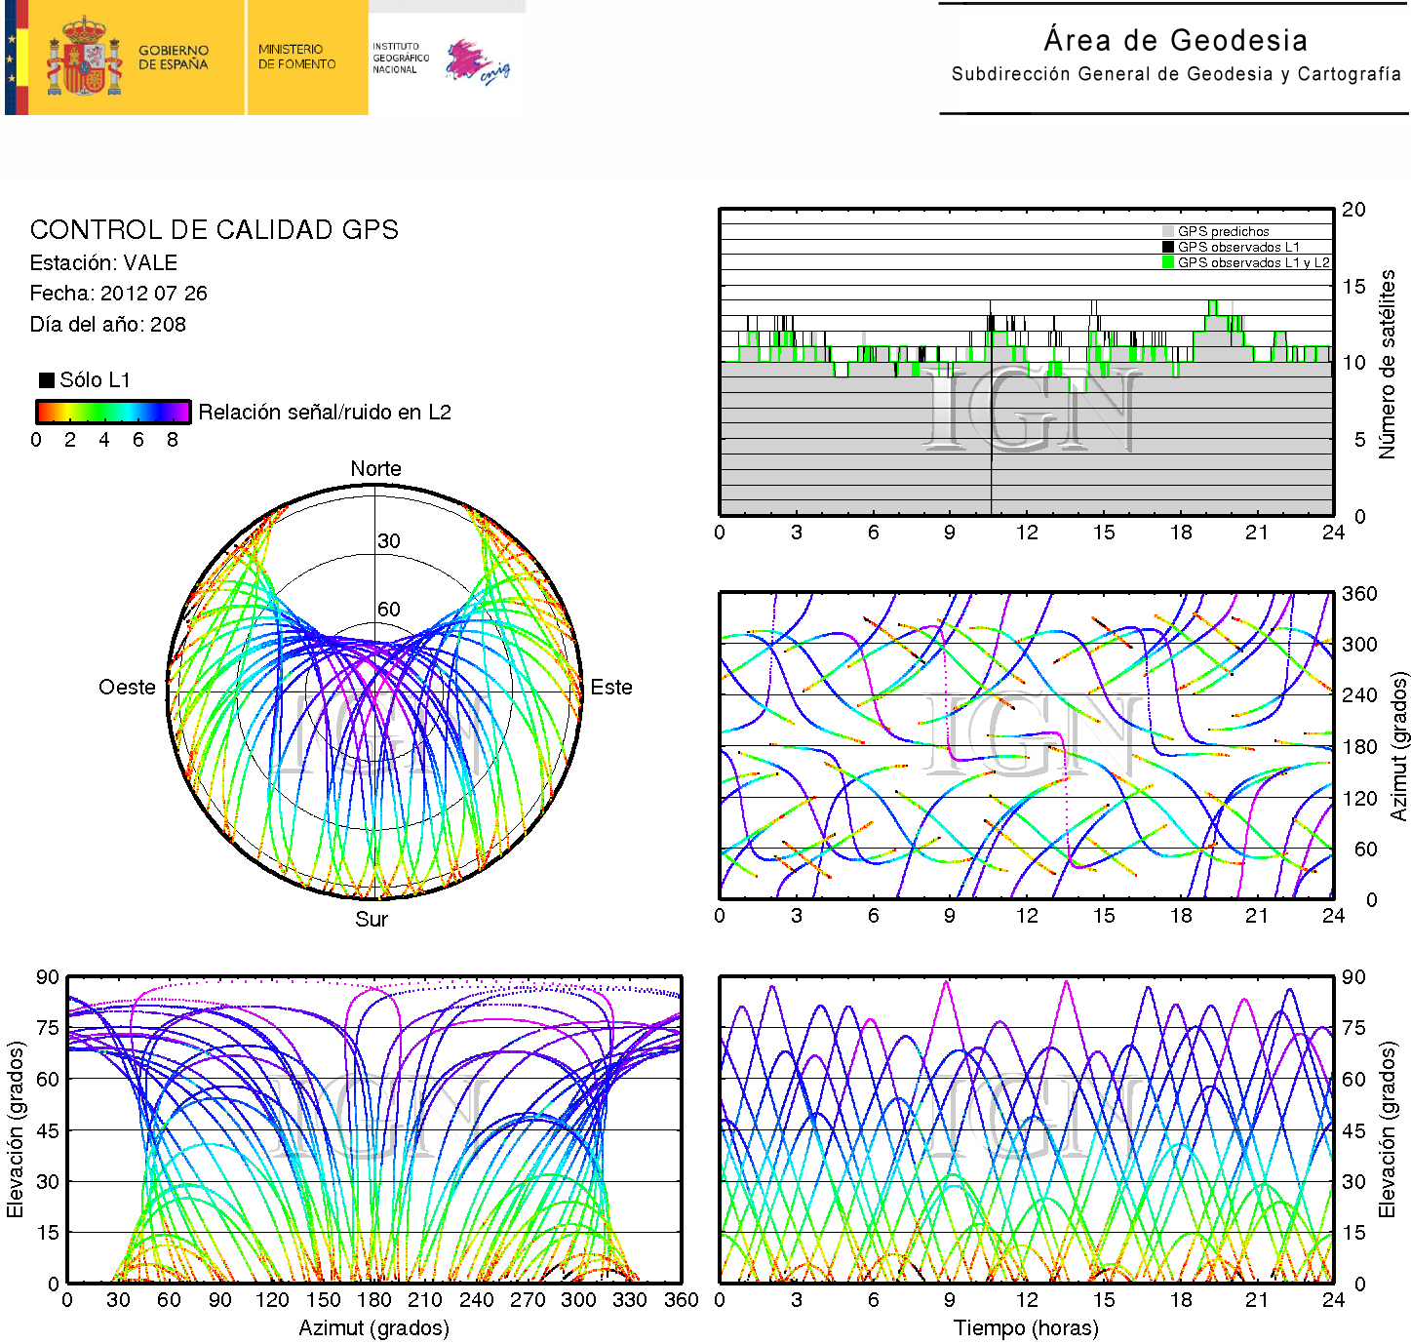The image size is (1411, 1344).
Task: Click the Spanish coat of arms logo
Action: (x=84, y=58)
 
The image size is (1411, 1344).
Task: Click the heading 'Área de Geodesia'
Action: (x=1175, y=40)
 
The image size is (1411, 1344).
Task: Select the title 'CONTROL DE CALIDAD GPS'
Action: (x=214, y=229)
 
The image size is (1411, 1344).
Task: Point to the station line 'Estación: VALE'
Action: (x=103, y=262)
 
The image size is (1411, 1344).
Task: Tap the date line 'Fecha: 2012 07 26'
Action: (x=118, y=293)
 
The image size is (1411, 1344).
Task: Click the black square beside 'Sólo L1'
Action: (x=46, y=379)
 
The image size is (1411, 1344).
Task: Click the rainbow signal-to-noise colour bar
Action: (x=112, y=412)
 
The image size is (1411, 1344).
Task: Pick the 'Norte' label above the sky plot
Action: (x=375, y=468)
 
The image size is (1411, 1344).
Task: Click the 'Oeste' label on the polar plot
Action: (x=127, y=687)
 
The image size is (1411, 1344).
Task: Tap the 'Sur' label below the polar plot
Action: (x=372, y=919)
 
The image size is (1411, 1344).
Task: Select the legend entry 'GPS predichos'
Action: (x=1223, y=231)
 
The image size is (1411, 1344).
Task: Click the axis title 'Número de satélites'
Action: (x=1387, y=364)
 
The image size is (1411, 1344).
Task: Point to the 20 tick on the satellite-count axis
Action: (x=1353, y=209)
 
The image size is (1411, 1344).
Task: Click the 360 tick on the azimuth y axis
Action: (x=1359, y=593)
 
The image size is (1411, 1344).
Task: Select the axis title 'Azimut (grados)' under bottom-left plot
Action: (x=373, y=1327)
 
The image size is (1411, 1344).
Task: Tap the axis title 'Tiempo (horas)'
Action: (x=1026, y=1327)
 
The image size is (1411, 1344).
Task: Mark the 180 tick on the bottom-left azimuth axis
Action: (x=373, y=1299)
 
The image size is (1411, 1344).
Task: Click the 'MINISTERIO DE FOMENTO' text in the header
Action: (x=296, y=57)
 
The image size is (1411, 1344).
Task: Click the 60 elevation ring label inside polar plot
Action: (x=389, y=609)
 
